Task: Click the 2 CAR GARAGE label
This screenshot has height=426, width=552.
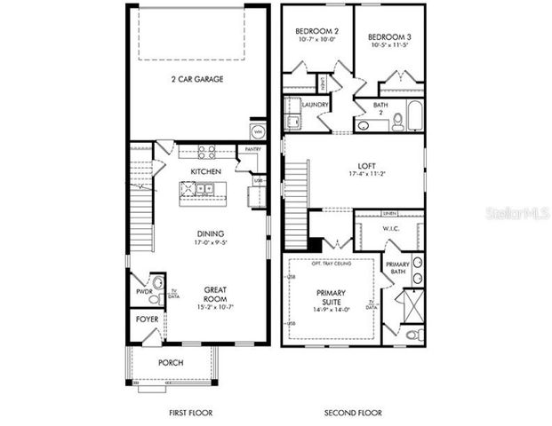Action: point(197,79)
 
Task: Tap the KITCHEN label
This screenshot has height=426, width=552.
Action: point(205,170)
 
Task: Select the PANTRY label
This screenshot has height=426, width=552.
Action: point(252,150)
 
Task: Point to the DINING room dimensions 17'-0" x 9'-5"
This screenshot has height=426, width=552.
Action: point(205,243)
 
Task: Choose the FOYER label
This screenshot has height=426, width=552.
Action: point(147,319)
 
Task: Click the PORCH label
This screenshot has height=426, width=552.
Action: point(171,362)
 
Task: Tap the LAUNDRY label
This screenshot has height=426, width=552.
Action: point(316,105)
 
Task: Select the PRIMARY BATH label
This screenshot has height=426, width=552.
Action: point(396,269)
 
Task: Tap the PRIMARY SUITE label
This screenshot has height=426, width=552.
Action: point(331,297)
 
